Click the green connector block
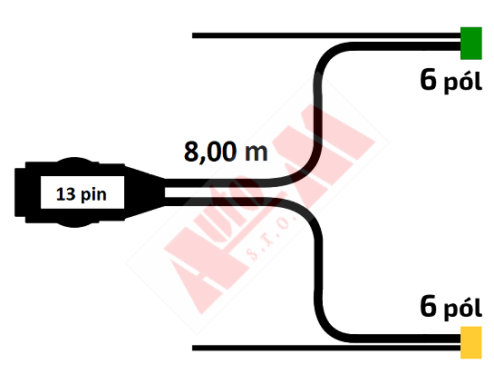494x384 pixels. click(x=471, y=44)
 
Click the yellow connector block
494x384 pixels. click(x=471, y=342)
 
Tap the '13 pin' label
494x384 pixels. click(x=82, y=194)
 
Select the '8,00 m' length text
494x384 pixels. click(x=226, y=152)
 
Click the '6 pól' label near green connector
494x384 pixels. click(x=450, y=81)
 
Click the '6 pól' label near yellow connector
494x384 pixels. click(x=450, y=307)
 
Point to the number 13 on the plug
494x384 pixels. click(x=65, y=194)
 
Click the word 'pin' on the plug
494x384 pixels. click(x=93, y=195)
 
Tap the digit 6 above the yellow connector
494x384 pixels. click(x=429, y=306)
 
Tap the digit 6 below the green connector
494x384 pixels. click(x=429, y=80)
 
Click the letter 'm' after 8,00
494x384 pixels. click(x=257, y=153)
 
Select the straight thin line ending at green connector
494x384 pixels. click(x=326, y=35)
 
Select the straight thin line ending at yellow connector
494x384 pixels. click(x=326, y=348)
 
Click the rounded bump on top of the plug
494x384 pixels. click(x=74, y=160)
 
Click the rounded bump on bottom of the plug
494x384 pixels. click(x=74, y=224)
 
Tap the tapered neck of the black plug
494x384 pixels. click(x=144, y=192)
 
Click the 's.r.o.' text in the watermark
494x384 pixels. click(x=272, y=239)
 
